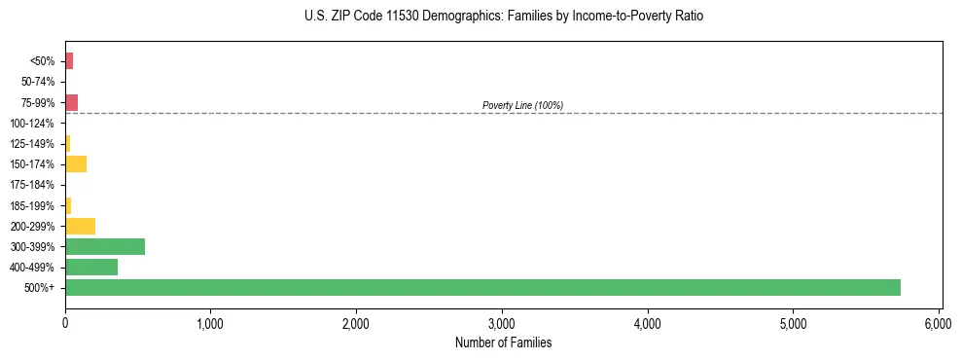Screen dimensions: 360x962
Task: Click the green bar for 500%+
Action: coord(482,287)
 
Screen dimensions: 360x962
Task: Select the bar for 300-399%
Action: coord(105,246)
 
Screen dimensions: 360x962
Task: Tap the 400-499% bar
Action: coord(91,267)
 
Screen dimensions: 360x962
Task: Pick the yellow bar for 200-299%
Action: coord(80,226)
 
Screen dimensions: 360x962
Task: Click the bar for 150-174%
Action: coord(76,163)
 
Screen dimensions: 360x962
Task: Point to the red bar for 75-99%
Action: coord(71,102)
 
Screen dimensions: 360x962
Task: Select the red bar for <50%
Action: coord(69,61)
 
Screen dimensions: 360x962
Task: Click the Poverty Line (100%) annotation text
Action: coord(522,105)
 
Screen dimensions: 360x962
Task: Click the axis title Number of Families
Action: coord(503,342)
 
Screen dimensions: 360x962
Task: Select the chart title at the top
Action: coord(503,17)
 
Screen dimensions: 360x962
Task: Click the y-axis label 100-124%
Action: coord(33,124)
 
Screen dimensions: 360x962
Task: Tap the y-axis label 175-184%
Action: coord(33,185)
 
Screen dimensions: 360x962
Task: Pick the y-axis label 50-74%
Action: coord(36,82)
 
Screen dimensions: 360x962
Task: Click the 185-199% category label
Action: coord(33,205)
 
